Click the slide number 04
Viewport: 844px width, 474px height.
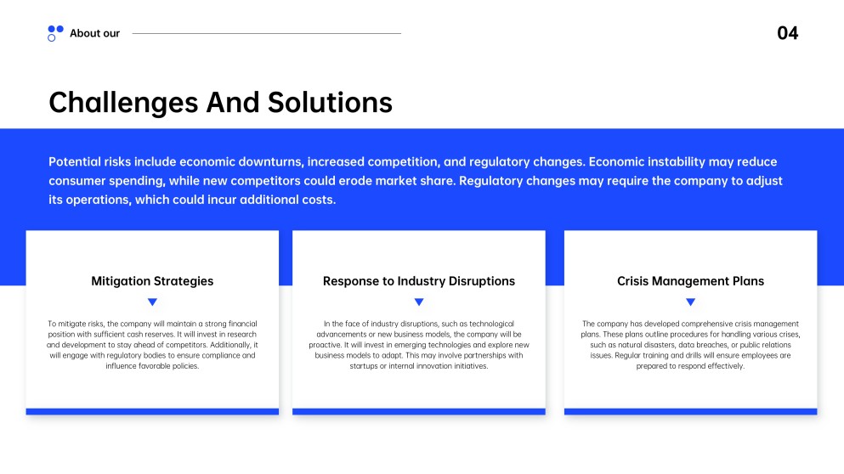787,34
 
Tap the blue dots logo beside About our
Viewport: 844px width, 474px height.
55,33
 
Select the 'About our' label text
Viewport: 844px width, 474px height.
94,34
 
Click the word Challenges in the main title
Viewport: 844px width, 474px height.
123,103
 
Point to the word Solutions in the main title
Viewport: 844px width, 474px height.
330,103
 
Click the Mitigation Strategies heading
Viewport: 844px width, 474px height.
152,281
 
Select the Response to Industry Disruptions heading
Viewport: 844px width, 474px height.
418,281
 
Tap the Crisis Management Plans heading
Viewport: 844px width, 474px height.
690,281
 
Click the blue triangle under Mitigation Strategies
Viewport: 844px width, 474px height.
152,302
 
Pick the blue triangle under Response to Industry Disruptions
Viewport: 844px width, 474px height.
418,302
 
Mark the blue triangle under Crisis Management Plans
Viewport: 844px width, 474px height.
690,302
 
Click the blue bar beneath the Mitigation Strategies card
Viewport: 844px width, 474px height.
152,412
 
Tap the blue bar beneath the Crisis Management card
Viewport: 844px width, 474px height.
690,412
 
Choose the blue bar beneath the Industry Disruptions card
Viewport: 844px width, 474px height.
418,412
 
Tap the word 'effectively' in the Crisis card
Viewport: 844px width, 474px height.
724,366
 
